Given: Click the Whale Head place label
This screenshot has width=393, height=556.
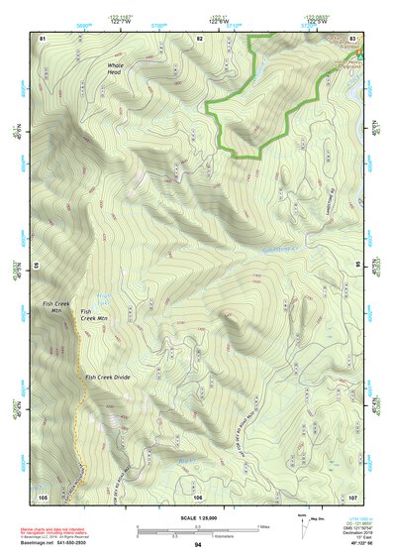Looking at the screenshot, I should (x=117, y=68).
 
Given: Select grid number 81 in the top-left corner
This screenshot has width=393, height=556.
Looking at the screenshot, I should (x=43, y=38).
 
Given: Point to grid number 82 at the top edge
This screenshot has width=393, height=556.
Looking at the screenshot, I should (x=199, y=38).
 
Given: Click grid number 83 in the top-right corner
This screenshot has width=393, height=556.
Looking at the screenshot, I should (x=353, y=38).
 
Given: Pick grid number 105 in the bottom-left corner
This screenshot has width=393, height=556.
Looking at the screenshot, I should (x=43, y=496).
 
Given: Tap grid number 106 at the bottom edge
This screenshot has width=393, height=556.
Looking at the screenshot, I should (x=198, y=496).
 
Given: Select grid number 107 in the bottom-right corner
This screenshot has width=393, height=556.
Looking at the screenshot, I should (x=353, y=496).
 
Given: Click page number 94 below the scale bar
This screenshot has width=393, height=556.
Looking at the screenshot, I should (x=198, y=545).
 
